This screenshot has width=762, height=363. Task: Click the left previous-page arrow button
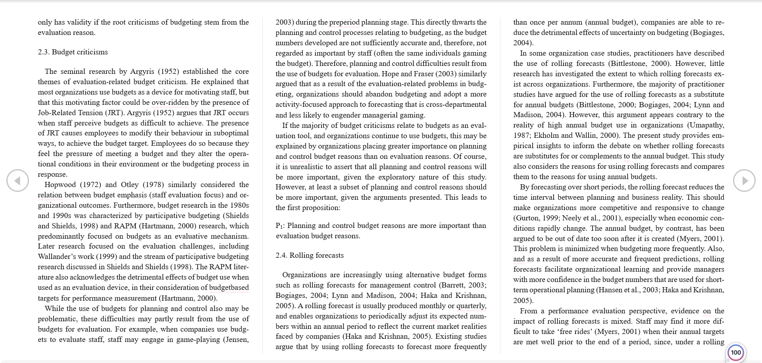[17, 181]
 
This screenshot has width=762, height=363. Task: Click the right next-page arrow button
[744, 181]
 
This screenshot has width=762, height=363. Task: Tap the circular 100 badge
[736, 352]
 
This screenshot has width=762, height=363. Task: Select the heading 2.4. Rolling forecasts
[310, 255]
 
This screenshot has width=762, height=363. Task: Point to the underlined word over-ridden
[170, 102]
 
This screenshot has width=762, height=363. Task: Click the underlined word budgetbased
[229, 288]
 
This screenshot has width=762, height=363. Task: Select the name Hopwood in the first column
[60, 185]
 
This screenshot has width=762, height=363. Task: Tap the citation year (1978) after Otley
[153, 185]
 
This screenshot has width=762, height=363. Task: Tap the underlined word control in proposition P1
[343, 226]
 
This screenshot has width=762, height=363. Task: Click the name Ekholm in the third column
[546, 135]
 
